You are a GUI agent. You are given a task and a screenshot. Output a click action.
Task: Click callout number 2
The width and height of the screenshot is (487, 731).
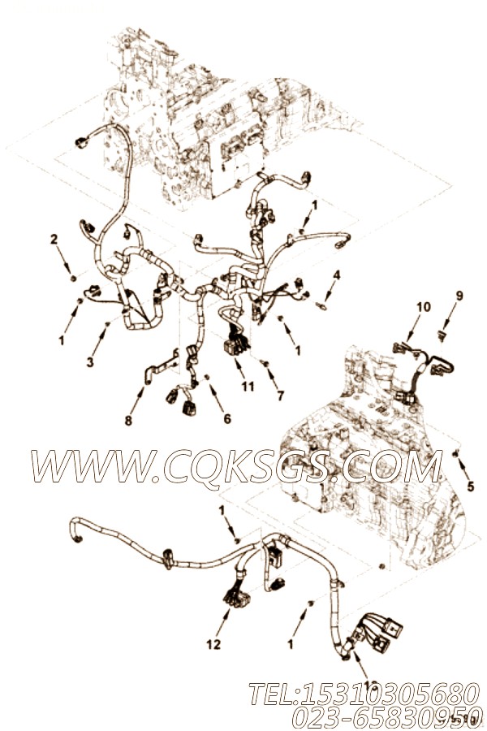point(54,240)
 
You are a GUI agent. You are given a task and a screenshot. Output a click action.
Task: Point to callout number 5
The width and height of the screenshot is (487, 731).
point(470,487)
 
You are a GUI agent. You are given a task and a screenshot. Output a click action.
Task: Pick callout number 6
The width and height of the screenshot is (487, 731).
point(227,419)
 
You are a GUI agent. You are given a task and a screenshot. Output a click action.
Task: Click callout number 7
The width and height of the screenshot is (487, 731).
point(281,396)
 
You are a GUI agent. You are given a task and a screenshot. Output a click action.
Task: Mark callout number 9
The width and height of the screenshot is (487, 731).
point(459,296)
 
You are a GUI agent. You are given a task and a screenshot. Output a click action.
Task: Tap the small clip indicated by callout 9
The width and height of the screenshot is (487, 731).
point(442,334)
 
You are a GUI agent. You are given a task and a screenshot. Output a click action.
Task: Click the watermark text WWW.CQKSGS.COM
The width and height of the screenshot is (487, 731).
point(235,466)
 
